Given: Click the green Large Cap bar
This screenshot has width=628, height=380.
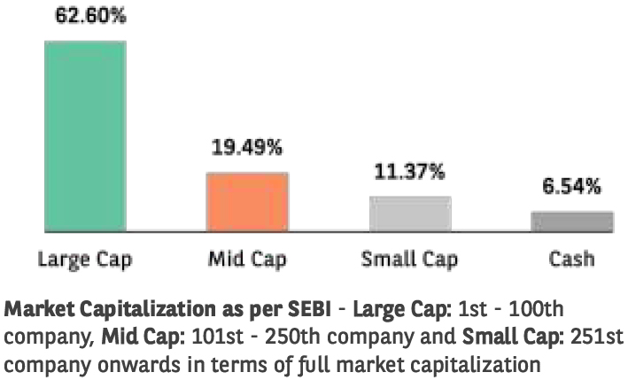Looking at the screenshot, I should [85, 137].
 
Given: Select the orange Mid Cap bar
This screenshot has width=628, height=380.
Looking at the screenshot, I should [247, 202].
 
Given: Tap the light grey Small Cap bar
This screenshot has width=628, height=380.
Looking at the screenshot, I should [410, 213].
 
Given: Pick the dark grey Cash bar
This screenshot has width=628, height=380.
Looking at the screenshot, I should [572, 221].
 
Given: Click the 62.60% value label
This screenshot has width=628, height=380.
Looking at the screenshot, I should [85, 17].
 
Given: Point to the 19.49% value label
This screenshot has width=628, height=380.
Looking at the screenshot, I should [247, 148].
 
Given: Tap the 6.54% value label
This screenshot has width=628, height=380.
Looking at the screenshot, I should [571, 187].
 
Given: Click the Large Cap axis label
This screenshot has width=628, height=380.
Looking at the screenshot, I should [84, 260].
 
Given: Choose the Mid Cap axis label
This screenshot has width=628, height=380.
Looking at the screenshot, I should [247, 260].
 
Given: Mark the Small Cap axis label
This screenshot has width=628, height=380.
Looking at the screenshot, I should [409, 260].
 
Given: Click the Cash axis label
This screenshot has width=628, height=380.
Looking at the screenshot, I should [571, 260].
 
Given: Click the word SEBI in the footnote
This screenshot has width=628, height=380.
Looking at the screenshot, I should [309, 311].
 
